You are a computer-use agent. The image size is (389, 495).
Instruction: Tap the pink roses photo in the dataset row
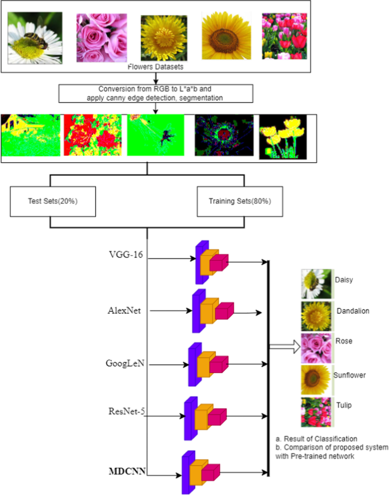coord(101,36)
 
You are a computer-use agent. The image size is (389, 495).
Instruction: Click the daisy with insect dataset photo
coord(34,37)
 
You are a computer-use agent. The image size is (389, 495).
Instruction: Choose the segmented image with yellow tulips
coord(282,137)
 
